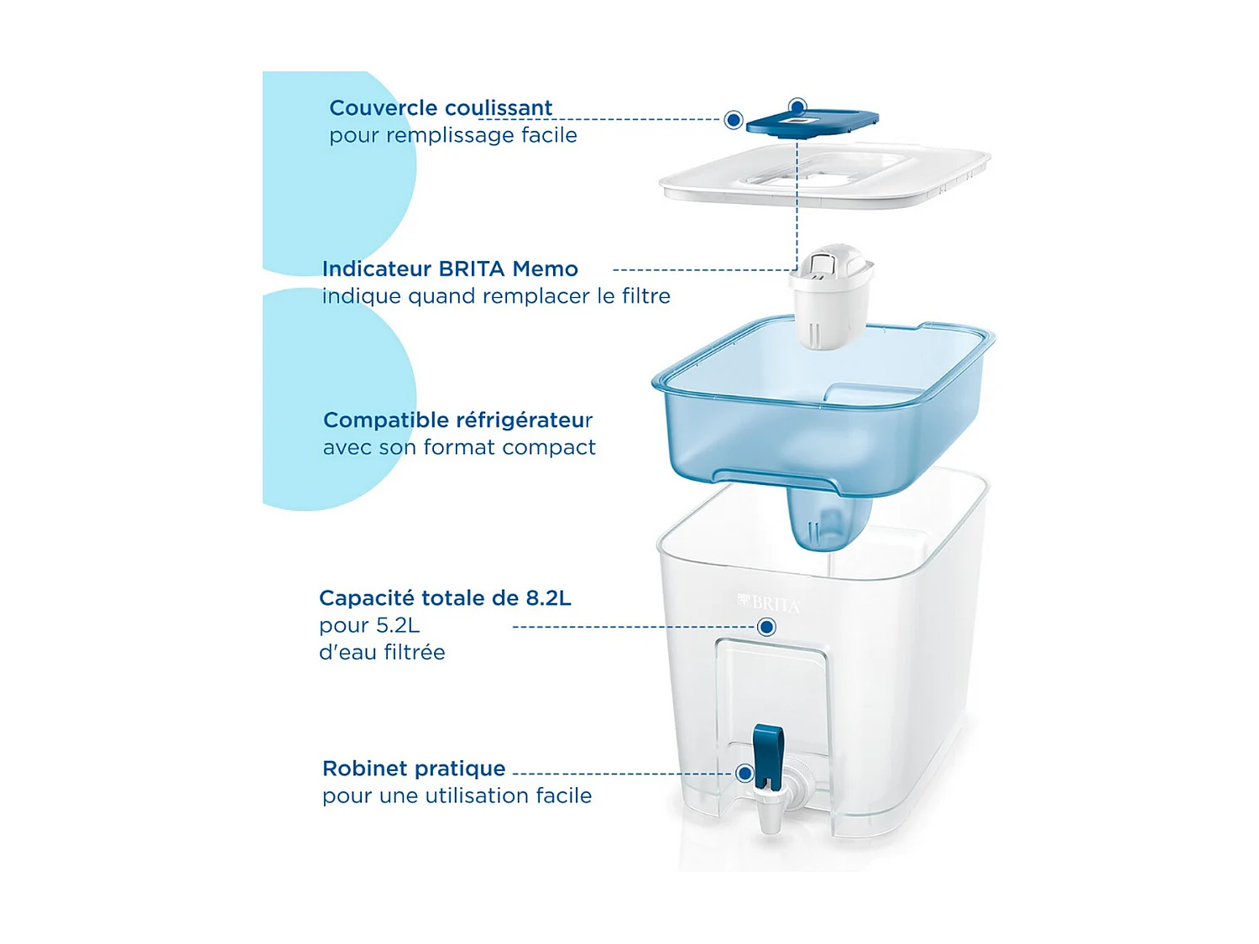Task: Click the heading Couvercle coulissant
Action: [x=441, y=108]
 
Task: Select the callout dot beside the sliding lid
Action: [x=734, y=120]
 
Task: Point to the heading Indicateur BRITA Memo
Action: [x=450, y=269]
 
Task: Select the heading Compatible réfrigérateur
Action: [x=457, y=420]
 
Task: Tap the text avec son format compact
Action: [x=459, y=447]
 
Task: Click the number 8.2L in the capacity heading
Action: [x=548, y=598]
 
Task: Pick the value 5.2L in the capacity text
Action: [x=397, y=625]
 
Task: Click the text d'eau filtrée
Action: [x=382, y=652]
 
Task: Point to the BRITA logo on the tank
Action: [x=770, y=603]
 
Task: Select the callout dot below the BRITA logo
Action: [x=766, y=627]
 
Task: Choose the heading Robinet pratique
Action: [x=414, y=769]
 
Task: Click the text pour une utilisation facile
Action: [x=457, y=795]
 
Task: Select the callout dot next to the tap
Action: [x=744, y=773]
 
